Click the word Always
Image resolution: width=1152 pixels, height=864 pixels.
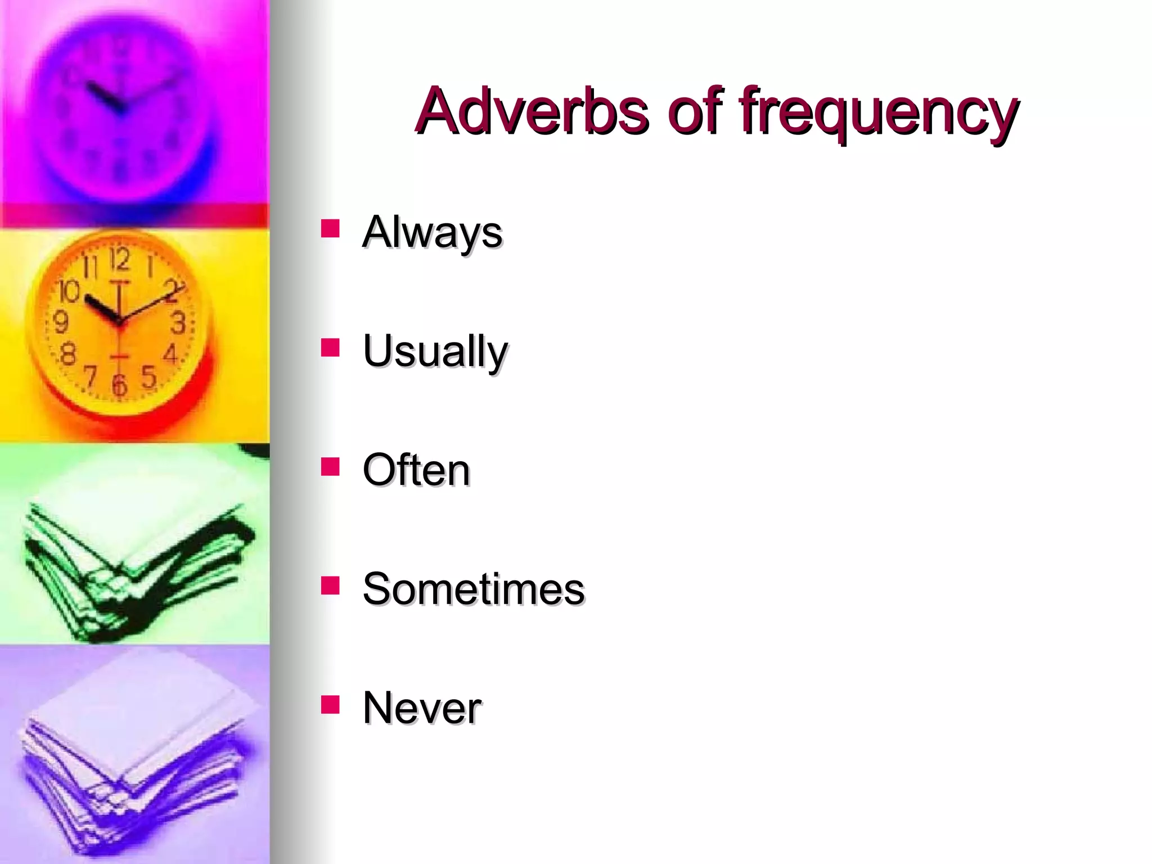point(432,232)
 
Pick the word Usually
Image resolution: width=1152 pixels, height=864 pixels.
point(435,352)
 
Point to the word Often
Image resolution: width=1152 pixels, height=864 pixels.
point(416,470)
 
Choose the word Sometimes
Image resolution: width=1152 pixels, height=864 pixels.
point(474,589)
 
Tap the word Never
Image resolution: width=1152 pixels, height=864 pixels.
point(422,708)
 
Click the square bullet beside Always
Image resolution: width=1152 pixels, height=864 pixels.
point(330,228)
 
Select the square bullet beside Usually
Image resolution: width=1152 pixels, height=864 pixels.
point(330,348)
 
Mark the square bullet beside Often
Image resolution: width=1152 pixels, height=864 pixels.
point(330,466)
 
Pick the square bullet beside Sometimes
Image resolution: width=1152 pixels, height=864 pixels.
point(330,586)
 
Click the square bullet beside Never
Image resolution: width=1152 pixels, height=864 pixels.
point(330,704)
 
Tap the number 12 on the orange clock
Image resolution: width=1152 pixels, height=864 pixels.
point(119,259)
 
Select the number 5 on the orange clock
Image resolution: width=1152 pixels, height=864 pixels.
point(148,377)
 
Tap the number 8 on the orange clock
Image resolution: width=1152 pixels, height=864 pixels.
point(68,354)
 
